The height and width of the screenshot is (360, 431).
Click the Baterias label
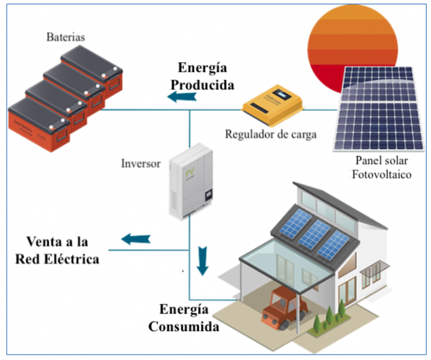click(66, 37)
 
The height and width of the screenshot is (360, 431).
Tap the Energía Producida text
click(201, 76)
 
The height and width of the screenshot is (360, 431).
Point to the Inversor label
click(142, 163)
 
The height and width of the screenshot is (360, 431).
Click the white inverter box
click(191, 180)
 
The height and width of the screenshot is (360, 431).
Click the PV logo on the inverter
click(188, 172)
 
